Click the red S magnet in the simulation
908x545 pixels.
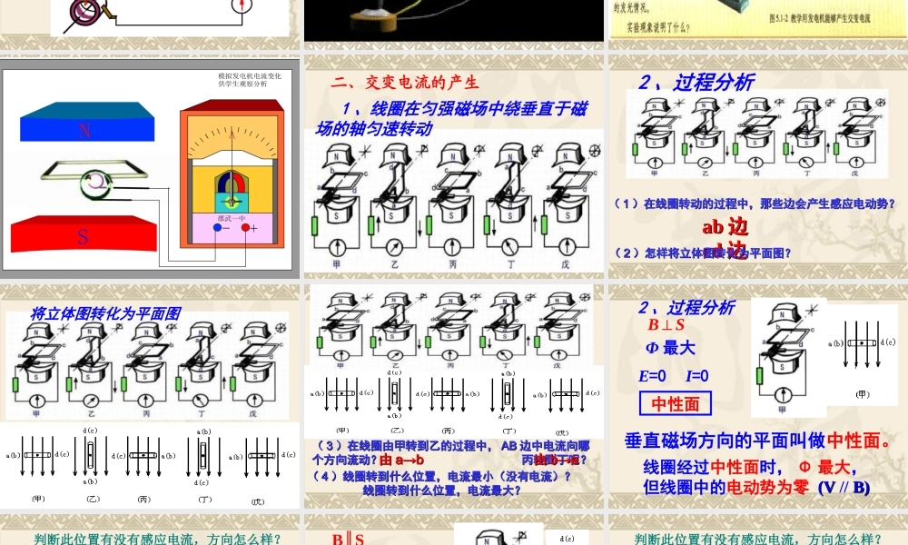[83, 237]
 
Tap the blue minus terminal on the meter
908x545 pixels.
[216, 228]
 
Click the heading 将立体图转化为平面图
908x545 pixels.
[105, 313]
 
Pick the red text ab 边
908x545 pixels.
[725, 226]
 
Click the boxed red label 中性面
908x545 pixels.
[676, 402]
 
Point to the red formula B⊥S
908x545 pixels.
[666, 324]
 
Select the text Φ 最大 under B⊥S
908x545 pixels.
[669, 348]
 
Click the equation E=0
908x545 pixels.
[653, 375]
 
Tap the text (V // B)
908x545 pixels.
[844, 487]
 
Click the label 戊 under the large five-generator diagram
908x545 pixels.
[565, 264]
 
